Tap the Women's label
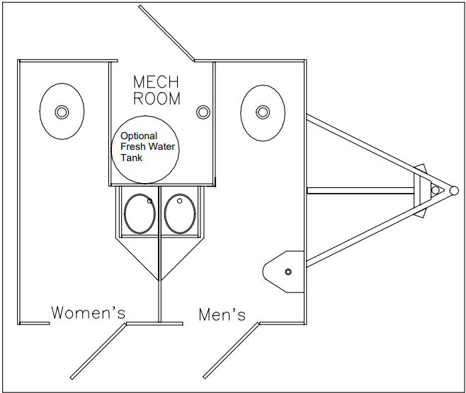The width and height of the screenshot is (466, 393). (x=88, y=312)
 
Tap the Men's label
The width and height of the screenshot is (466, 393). (x=222, y=315)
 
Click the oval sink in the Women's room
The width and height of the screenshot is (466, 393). (x=60, y=112)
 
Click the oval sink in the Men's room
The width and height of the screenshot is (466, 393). (x=262, y=112)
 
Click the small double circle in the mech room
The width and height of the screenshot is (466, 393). (x=204, y=112)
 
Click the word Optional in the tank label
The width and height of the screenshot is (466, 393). (x=139, y=136)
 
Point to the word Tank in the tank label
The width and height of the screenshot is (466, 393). (x=131, y=158)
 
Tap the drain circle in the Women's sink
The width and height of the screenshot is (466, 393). (x=60, y=112)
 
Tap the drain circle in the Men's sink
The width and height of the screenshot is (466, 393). (x=262, y=112)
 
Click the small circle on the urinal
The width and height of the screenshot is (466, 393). (x=288, y=272)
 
